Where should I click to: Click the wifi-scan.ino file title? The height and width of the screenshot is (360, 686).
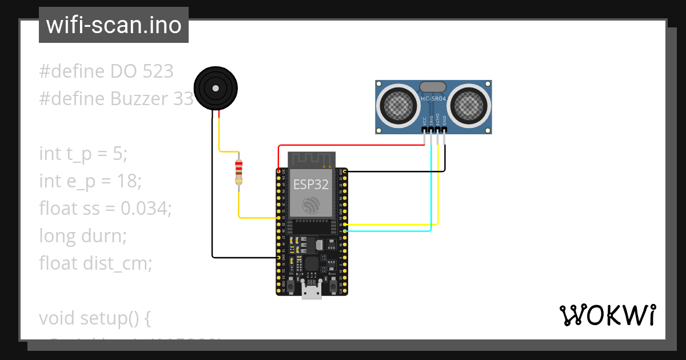114,25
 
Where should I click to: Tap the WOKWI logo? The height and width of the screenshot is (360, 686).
607,315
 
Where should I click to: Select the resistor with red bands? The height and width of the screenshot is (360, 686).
239,172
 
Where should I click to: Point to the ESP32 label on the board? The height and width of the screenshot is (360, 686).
311,185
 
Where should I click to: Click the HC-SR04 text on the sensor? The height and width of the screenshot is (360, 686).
433,99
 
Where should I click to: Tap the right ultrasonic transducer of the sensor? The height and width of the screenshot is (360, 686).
469,104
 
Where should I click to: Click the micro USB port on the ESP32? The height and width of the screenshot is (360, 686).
312,291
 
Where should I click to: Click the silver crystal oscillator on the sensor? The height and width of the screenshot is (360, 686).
433,86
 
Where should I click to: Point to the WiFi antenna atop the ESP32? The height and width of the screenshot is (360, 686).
312,159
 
